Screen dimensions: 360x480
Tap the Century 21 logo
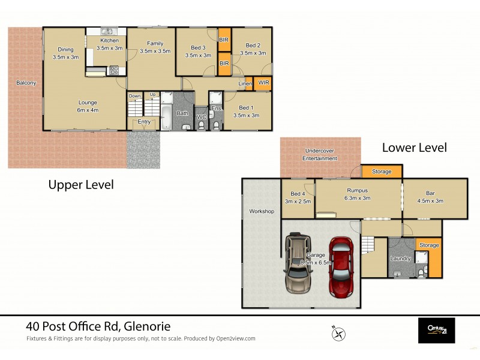pos(436,329)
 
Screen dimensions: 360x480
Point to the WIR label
pos(263,82)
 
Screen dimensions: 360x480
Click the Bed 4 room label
pos(298,193)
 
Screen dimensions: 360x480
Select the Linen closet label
pos(245,83)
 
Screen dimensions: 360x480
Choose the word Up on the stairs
pos(152,95)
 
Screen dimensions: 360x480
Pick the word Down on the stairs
pos(135,95)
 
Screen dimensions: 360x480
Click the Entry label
pos(144,122)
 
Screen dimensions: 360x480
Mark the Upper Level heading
pos(81,185)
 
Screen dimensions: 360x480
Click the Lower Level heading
pos(414,147)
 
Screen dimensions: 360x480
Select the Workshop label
pos(262,211)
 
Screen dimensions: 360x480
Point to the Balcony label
pos(26,83)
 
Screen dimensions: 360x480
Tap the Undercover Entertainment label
pos(320,154)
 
